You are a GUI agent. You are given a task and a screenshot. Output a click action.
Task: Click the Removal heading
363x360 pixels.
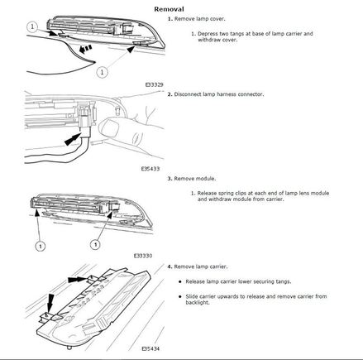(169, 9)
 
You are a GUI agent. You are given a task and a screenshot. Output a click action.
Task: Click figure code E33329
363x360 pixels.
(155, 84)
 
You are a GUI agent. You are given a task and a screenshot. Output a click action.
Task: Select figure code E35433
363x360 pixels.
(150, 169)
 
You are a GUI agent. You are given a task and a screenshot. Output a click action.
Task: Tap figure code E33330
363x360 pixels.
(143, 256)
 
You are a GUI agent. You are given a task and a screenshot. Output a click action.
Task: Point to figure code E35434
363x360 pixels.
(150, 348)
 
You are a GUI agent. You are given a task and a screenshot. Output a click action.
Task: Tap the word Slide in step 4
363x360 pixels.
(192, 296)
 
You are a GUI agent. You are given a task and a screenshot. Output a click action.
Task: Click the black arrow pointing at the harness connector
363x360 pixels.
(74, 139)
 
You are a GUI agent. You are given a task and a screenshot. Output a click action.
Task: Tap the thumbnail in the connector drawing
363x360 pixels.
(108, 127)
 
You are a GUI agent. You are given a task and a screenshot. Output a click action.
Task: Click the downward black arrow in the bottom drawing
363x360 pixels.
(50, 303)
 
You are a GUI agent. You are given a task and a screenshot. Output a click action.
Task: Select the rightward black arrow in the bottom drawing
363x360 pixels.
(78, 279)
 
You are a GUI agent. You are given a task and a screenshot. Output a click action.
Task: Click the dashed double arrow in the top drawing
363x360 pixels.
(85, 50)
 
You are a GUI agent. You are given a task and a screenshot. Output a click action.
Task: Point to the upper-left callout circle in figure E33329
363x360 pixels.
(32, 26)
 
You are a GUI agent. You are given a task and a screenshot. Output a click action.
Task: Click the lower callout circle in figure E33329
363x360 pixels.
(103, 72)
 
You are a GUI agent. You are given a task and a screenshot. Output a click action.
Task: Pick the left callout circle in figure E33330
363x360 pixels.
(41, 246)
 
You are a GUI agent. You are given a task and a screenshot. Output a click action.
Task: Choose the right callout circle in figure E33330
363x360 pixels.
(95, 244)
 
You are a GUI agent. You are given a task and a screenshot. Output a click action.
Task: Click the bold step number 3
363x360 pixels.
(170, 179)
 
